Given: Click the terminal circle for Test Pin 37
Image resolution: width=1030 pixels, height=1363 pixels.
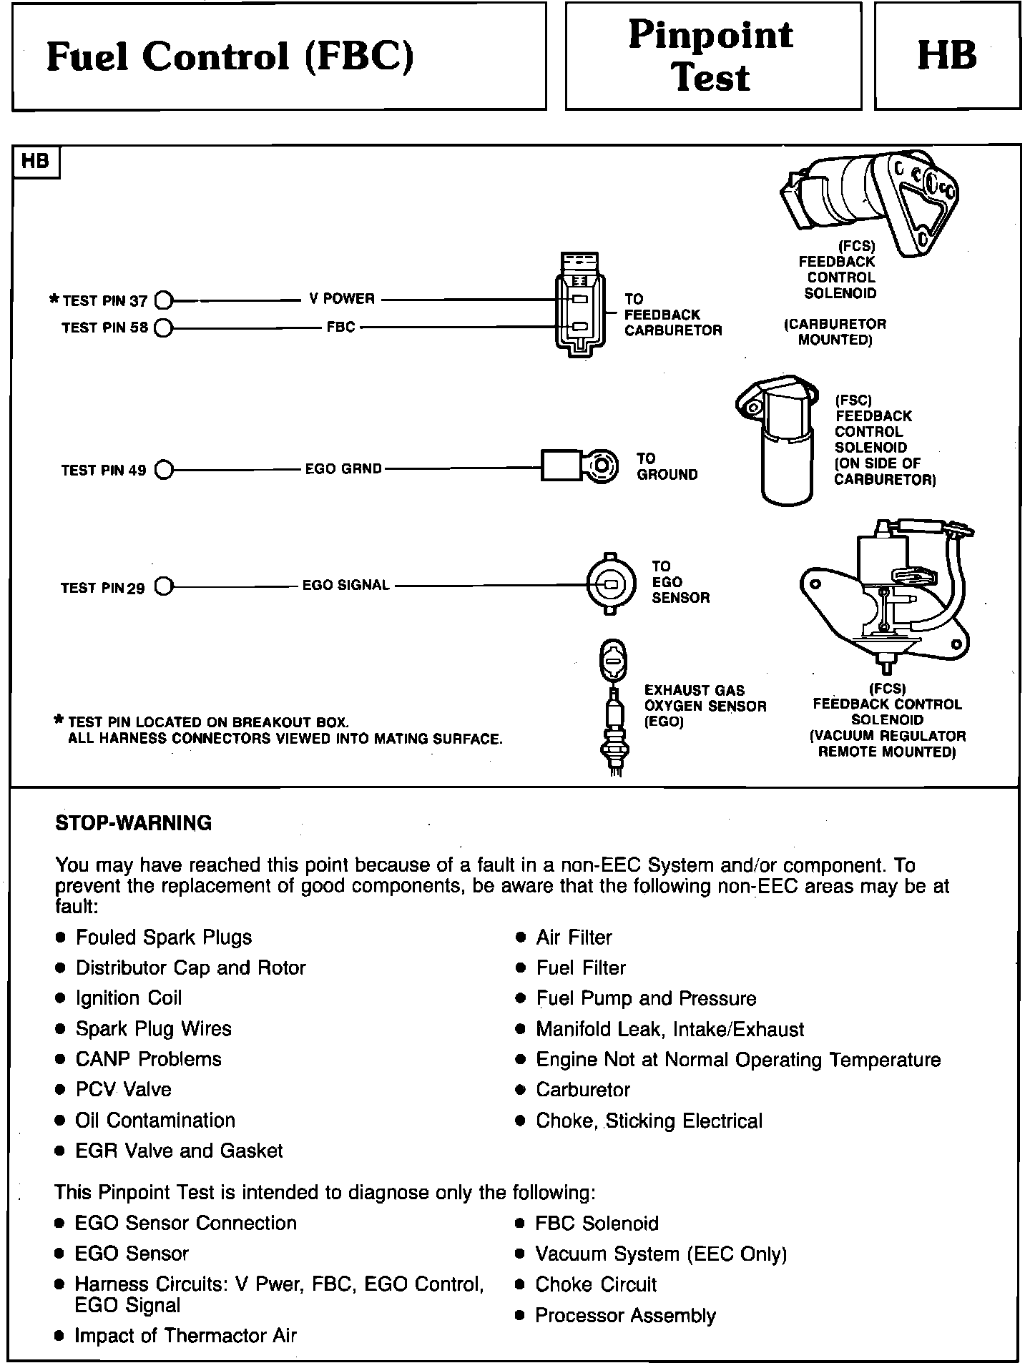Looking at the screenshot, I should pos(162,300).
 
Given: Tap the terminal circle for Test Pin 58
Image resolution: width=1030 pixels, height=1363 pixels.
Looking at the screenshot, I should pos(162,328).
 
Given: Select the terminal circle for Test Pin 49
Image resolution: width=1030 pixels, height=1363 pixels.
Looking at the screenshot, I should pos(164,470).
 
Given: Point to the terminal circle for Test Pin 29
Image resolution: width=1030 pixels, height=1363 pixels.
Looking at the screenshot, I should pos(164,587).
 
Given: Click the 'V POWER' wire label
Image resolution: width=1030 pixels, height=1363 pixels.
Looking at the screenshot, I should pos(342,298).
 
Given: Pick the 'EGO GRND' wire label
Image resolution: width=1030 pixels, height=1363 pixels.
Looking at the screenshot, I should pos(343,470).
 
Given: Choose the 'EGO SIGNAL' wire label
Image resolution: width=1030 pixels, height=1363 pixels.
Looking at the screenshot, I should pos(346,585).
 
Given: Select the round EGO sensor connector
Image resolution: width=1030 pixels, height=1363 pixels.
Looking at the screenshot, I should pos(610,584).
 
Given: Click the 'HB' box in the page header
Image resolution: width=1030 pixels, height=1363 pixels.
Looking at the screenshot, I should pos(947,56).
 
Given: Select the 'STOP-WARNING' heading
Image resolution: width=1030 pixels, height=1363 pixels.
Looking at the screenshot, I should pos(134,823).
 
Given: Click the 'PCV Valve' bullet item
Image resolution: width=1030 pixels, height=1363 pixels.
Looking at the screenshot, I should pos(124,1089).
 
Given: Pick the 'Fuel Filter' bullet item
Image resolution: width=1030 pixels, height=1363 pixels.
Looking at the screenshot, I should pos(581,968).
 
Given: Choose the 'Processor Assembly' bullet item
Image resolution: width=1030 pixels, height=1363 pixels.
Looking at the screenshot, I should pos(625,1315).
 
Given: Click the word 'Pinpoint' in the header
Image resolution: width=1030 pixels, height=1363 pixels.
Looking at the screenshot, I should pos(711,34).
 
